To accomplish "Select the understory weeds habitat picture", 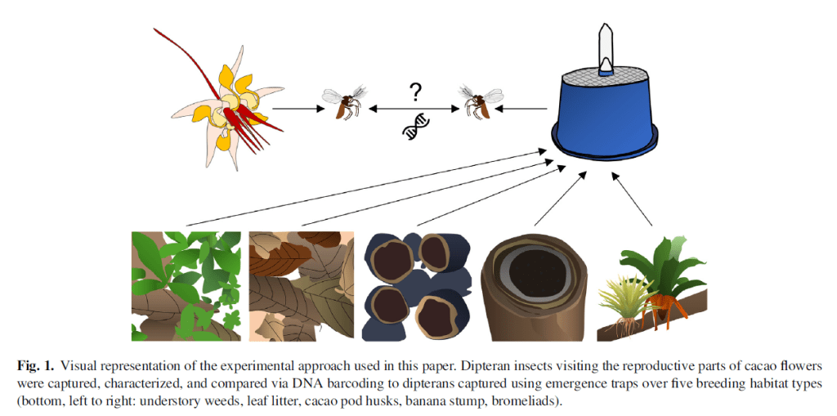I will click(x=186, y=285).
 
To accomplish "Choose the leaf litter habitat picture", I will click(x=301, y=285).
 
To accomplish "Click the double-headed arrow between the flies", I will click(x=415, y=107).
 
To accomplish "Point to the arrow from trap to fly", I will click(x=523, y=107).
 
